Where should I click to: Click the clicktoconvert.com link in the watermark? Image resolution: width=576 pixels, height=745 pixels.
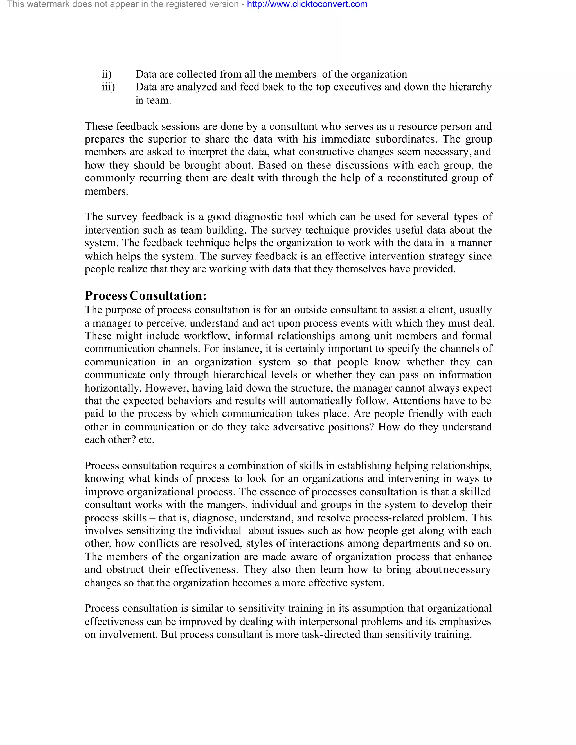coord(307,4)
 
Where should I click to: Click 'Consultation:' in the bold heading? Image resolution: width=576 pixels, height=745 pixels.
coord(168,296)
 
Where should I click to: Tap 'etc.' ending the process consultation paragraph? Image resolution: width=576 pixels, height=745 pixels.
coord(146,440)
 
